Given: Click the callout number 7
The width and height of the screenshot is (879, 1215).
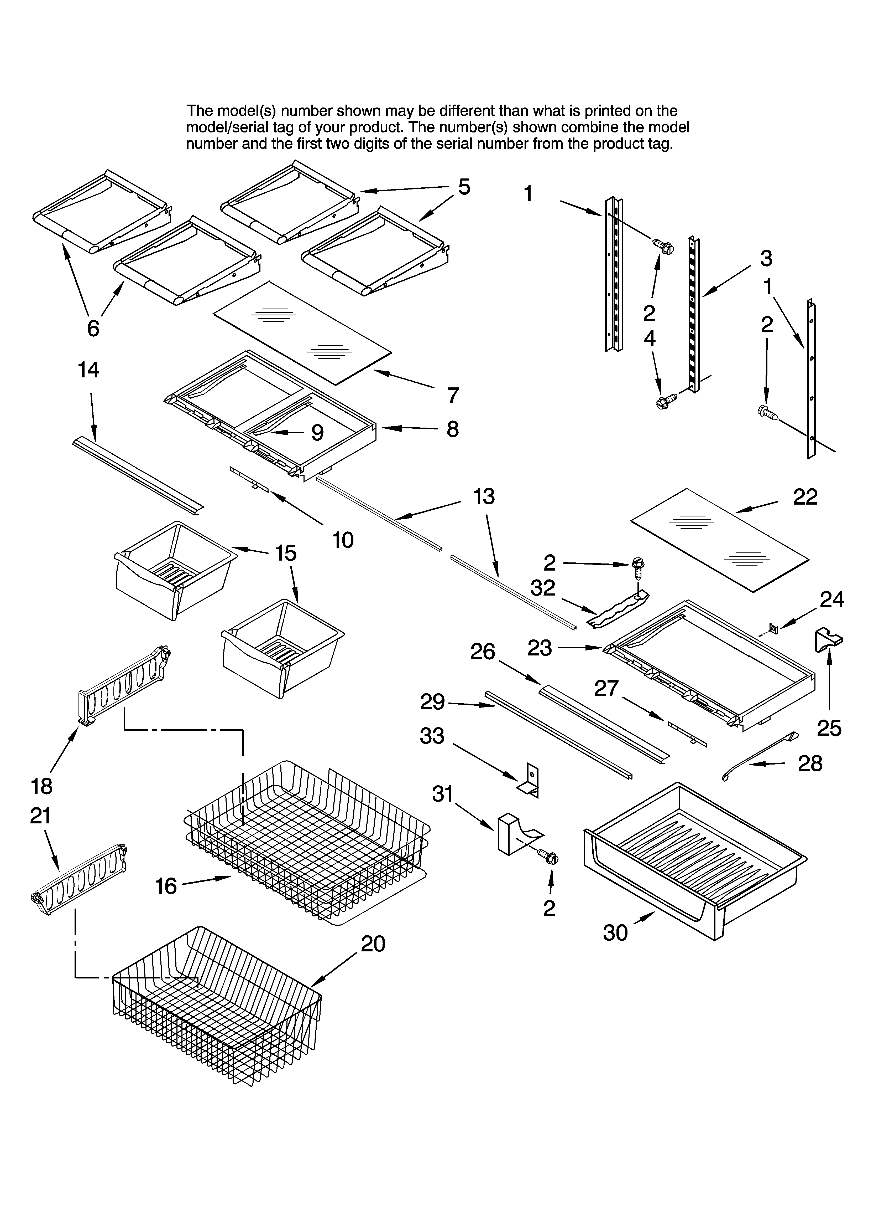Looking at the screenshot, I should tap(453, 395).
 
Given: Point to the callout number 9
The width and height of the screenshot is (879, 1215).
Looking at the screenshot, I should tap(317, 433).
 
